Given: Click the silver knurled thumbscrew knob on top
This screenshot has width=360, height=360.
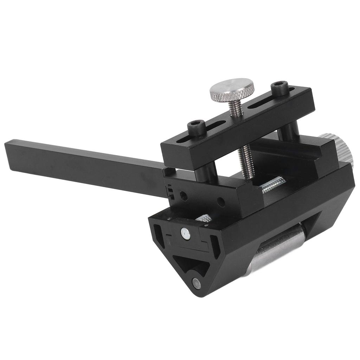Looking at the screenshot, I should [232, 88].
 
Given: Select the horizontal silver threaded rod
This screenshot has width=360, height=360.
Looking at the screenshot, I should [273, 185].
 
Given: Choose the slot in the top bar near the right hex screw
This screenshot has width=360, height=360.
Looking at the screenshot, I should [260, 102].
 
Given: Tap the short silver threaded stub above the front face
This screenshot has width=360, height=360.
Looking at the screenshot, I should [205, 218].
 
